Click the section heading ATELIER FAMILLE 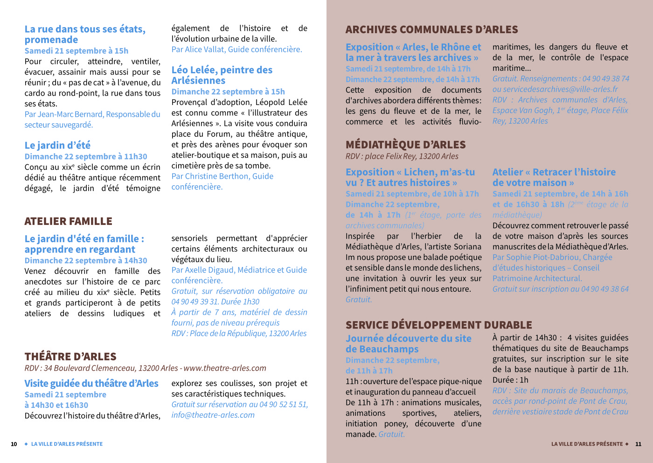point(68,221)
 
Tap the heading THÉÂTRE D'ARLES point(70,357)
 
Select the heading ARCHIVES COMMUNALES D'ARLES point(431,30)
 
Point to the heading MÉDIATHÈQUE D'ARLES point(405,145)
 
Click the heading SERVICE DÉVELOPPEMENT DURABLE point(438,325)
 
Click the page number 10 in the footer point(14,444)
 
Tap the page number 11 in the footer point(638,444)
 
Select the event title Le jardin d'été point(57,145)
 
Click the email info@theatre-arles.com point(213,415)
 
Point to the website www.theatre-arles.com point(225,368)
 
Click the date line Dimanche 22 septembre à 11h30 point(86,156)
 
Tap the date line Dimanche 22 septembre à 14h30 point(86,260)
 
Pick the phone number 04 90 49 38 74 point(605,78)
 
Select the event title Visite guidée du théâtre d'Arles point(91,384)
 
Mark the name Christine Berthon point(217,176)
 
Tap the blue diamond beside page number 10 point(26,444)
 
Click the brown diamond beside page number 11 point(627,444)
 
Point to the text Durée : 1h point(510,380)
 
